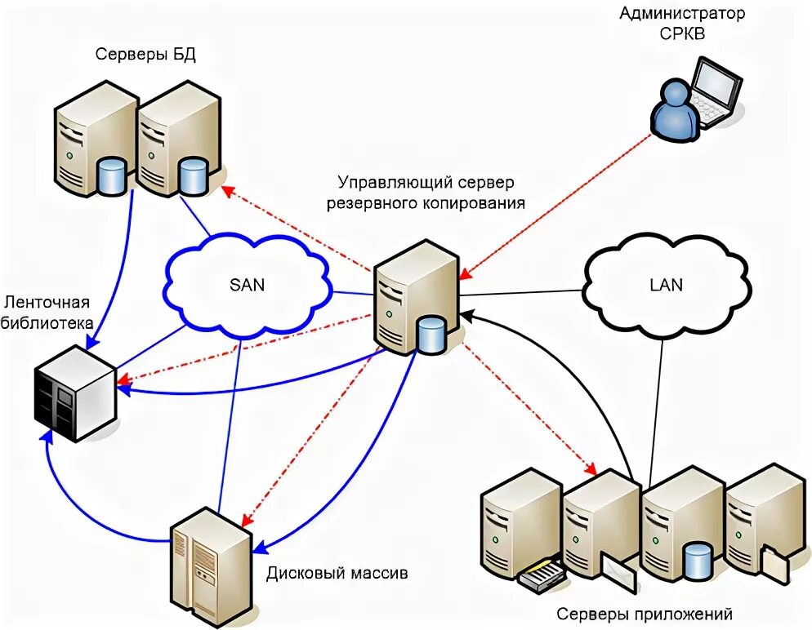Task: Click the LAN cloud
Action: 666,285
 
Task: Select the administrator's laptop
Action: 715,91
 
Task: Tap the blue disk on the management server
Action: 430,335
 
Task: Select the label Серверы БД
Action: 145,55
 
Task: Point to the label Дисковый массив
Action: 337,573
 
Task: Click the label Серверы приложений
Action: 645,614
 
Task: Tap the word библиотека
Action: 47,322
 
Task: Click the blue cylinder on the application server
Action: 697,561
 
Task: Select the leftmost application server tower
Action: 520,526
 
